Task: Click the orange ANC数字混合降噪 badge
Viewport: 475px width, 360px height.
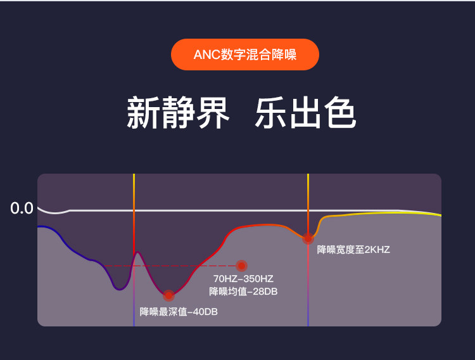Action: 244,55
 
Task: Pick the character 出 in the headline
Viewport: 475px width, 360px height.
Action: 305,113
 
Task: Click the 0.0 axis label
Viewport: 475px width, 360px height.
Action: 22,208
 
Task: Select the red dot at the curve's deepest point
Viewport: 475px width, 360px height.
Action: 168,295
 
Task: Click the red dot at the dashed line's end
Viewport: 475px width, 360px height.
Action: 241,266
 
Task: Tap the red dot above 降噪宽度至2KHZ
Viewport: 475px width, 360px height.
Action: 308,239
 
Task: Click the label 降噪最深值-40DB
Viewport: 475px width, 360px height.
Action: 179,311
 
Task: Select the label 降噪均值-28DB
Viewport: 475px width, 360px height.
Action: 243,292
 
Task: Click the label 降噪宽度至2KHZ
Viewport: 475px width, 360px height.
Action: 353,249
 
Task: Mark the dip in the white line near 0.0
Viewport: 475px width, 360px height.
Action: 56,212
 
